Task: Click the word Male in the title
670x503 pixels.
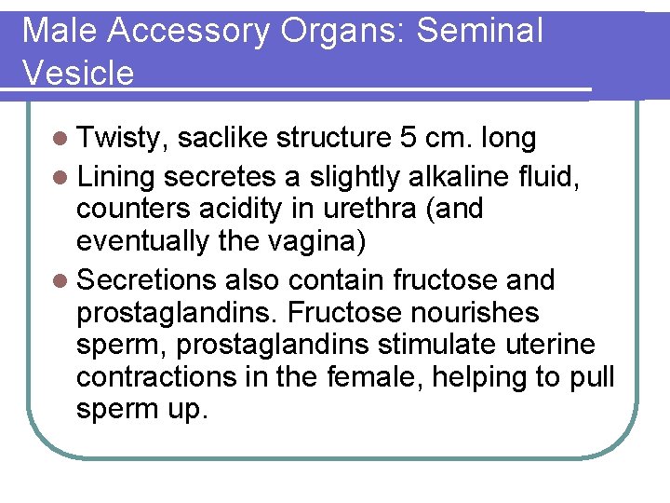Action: coord(59,31)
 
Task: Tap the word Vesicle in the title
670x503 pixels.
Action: coord(78,73)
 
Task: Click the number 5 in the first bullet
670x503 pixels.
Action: coord(408,139)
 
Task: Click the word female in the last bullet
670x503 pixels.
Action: coord(376,378)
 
